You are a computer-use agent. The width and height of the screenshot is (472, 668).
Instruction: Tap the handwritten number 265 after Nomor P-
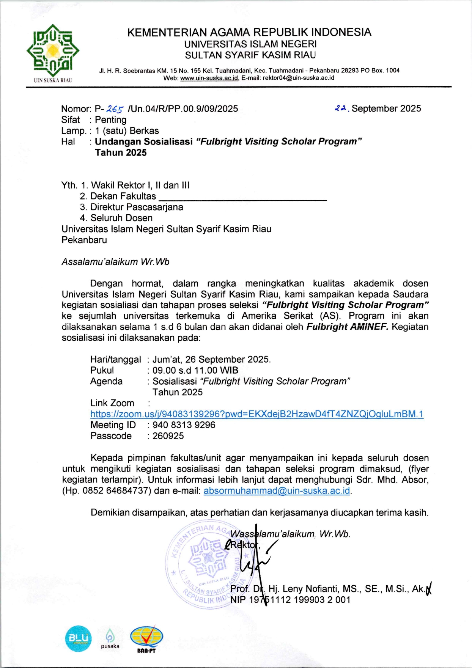pos(115,109)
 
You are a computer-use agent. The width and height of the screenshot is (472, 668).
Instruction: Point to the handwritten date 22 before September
pos(341,108)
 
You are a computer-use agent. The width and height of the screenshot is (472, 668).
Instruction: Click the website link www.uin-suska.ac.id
pos(209,78)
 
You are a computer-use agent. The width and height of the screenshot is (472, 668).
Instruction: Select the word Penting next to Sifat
pos(110,120)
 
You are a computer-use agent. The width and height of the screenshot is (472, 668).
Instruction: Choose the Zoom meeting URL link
pos(256,414)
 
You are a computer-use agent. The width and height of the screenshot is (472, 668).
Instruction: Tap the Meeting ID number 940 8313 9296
pos(184,425)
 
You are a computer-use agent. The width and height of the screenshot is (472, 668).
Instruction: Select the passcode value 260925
pos(168,436)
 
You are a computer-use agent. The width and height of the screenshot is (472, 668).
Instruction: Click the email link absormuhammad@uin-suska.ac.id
pos(277,491)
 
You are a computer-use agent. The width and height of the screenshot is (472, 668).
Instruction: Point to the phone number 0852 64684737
pos(115,491)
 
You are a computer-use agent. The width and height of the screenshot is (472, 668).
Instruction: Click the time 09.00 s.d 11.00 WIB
pos(195,371)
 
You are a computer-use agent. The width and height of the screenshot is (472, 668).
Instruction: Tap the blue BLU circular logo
pos(78,638)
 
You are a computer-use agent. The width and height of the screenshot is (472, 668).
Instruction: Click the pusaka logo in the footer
pos(110,638)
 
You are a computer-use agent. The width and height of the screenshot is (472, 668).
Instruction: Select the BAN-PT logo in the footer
pos(146,639)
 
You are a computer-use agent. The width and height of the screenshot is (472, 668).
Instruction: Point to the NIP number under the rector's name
pos(290,600)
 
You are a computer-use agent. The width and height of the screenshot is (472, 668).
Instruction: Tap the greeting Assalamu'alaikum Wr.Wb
pos(115,262)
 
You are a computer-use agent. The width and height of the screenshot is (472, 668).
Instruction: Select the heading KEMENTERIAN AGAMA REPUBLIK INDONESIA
pos(249,32)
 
